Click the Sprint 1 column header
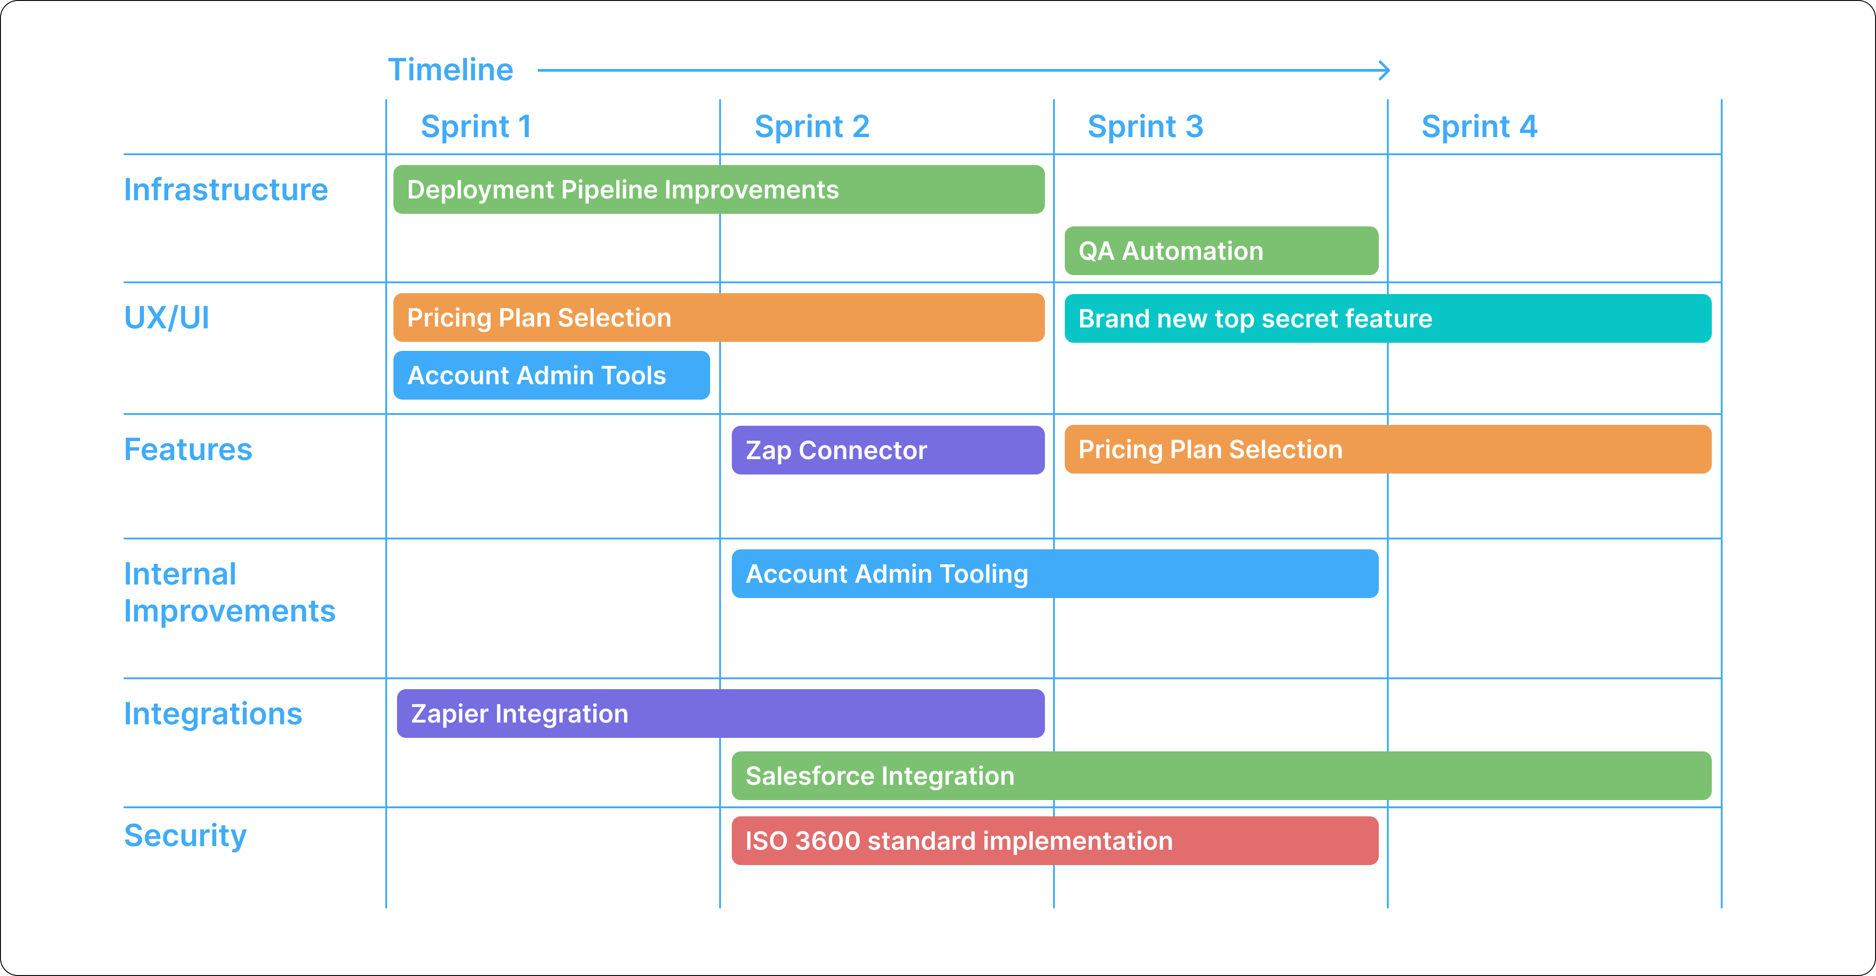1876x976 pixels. point(476,127)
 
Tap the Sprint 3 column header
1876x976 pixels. point(1145,127)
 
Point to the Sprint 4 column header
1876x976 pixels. point(1479,127)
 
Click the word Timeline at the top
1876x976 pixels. point(451,70)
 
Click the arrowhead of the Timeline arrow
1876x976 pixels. point(1384,71)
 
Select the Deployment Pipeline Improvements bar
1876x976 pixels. point(718,189)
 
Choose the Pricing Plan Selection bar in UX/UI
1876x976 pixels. point(718,318)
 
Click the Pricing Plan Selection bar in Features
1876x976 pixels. point(1387,450)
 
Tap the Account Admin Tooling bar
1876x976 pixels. point(1054,574)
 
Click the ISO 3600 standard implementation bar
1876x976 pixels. point(1054,841)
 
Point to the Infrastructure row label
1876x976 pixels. point(226,190)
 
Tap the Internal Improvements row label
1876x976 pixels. point(229,593)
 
